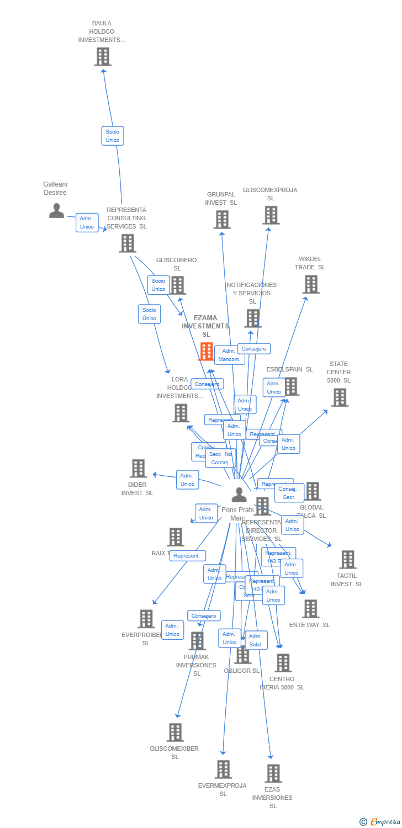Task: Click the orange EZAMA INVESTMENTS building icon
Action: [206, 351]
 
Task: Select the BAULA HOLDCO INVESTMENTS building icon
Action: [103, 56]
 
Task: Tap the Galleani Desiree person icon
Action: [56, 210]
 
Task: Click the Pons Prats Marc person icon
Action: [239, 495]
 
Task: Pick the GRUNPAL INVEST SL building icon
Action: [222, 220]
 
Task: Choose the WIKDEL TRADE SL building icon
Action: [311, 284]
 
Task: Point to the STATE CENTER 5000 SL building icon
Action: [340, 397]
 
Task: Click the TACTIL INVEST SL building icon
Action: [347, 559]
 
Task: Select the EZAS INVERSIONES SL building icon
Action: [273, 773]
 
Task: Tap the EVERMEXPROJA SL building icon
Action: [223, 769]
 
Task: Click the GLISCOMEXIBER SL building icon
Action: [175, 733]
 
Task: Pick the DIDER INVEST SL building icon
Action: [138, 468]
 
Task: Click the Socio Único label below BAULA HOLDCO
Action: [113, 136]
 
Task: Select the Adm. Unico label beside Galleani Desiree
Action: [87, 222]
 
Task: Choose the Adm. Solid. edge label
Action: [256, 640]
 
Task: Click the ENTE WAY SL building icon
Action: [310, 609]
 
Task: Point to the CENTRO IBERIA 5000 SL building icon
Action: [283, 663]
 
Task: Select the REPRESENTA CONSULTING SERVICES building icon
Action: [127, 243]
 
